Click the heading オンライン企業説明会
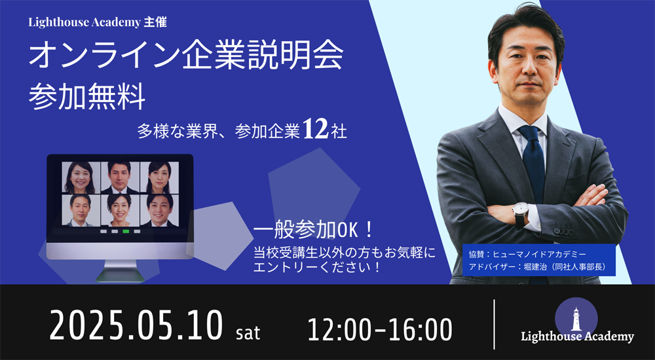pos(185,57)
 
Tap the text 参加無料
pos(86,96)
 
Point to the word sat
pos(248,333)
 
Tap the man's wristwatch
pos(520,211)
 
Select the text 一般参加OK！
pos(314,230)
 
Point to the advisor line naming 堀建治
pos(536,266)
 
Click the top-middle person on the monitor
pos(119,175)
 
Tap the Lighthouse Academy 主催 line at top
pos(98,22)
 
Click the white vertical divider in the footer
pos(494,324)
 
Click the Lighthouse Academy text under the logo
pos(577,337)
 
